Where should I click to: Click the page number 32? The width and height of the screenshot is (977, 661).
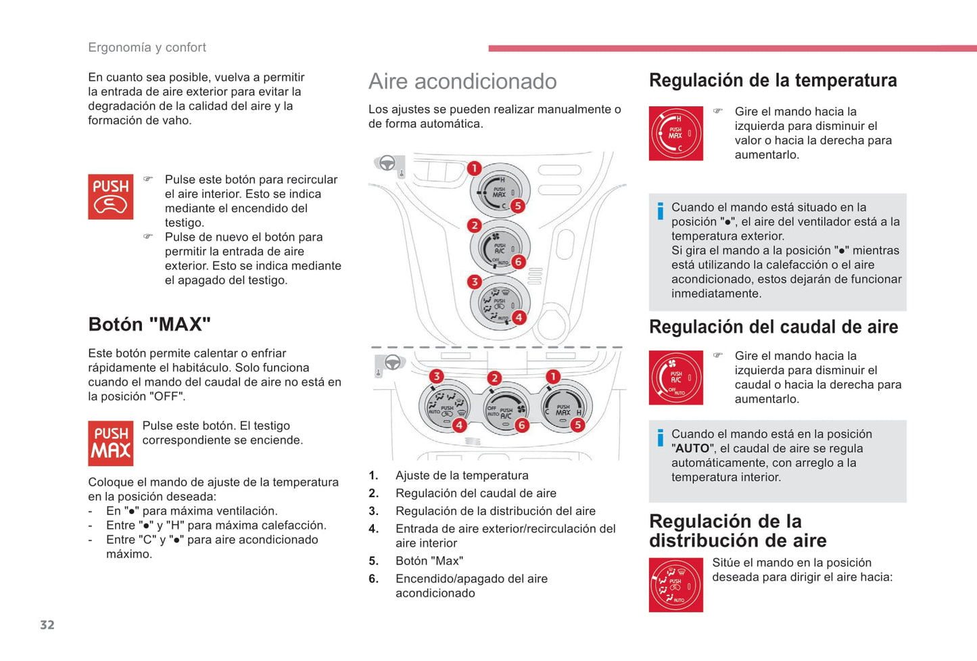click(47, 624)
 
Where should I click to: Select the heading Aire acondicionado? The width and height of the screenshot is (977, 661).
click(462, 81)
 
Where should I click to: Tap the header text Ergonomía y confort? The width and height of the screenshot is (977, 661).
click(147, 47)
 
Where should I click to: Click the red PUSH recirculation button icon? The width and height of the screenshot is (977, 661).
click(110, 197)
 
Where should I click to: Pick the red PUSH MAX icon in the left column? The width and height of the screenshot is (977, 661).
click(110, 443)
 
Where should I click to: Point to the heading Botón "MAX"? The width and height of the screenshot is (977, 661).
click(149, 324)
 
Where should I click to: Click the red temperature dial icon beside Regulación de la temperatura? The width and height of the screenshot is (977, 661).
click(675, 133)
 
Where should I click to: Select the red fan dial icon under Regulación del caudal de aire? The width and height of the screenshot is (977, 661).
click(675, 378)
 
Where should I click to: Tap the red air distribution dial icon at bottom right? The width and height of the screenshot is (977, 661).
click(675, 585)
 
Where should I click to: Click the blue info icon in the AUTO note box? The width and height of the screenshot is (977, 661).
click(660, 438)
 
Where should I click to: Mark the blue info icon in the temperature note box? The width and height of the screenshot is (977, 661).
click(660, 211)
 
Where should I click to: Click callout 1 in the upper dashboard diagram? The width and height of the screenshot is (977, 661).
click(475, 168)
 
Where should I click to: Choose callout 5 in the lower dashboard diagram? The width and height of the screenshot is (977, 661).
click(577, 425)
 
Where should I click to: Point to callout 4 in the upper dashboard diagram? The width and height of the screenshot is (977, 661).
click(518, 317)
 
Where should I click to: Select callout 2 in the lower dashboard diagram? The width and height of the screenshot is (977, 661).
click(494, 378)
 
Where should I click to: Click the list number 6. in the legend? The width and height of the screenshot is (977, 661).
click(373, 578)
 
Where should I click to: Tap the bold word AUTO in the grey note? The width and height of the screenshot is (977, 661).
click(692, 449)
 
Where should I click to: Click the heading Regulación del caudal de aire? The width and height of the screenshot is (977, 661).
click(773, 327)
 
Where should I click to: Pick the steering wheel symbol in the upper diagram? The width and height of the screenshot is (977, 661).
click(387, 163)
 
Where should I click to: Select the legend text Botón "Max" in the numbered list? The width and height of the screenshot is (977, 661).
click(429, 561)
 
